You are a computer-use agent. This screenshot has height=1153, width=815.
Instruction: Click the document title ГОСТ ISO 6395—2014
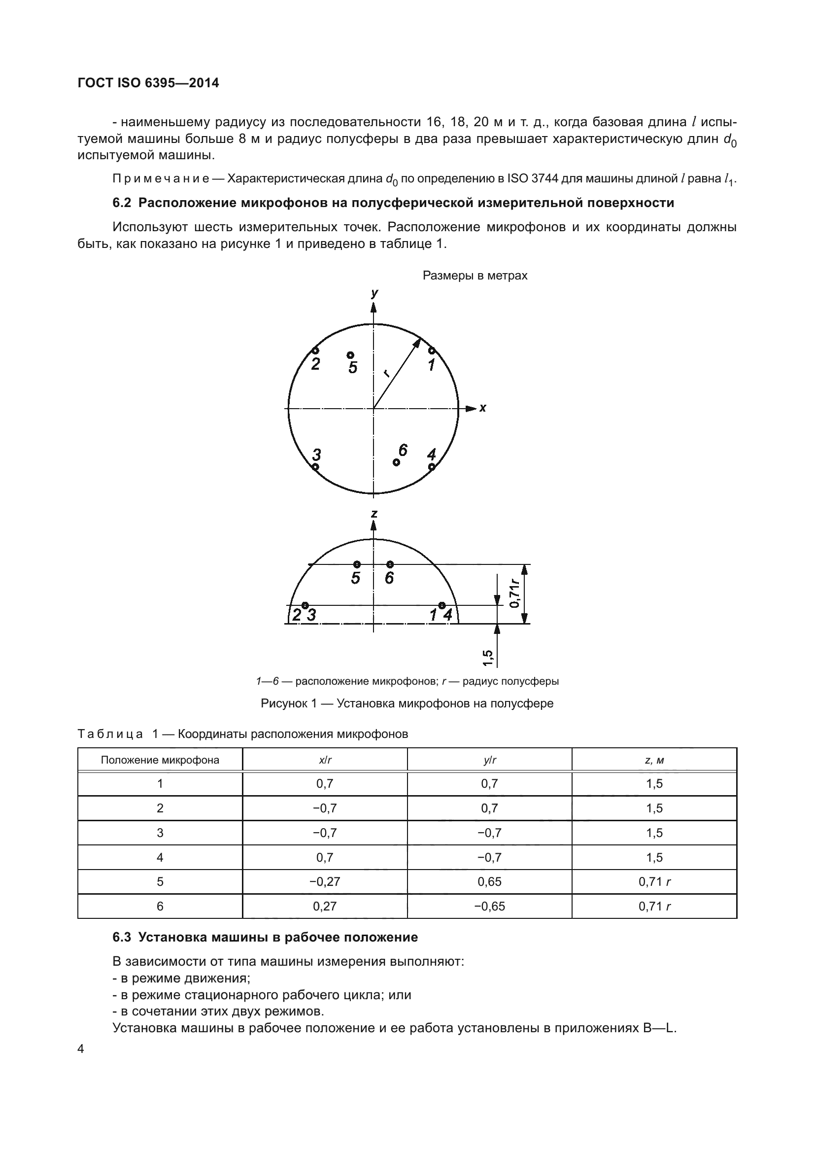[148, 83]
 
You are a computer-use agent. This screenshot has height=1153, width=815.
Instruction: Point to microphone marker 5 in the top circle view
[350, 355]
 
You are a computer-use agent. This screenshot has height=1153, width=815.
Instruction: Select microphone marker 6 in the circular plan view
[397, 462]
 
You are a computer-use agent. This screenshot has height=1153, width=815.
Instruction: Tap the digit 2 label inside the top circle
[315, 364]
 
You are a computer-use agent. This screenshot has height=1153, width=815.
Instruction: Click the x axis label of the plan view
[483, 408]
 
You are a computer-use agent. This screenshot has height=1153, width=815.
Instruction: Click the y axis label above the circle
[374, 294]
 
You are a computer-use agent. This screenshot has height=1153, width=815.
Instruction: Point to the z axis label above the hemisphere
[374, 514]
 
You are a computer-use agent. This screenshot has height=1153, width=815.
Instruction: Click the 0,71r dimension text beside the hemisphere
[514, 593]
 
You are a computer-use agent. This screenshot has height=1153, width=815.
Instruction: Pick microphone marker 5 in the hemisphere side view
[357, 564]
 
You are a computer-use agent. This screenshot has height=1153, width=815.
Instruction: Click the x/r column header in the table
[325, 760]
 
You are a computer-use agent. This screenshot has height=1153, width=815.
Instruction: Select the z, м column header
[654, 760]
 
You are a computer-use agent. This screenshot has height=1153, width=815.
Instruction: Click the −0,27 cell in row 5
[325, 882]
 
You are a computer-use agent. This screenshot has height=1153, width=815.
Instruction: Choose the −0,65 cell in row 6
[489, 906]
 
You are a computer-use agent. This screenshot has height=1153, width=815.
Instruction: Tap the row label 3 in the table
[160, 833]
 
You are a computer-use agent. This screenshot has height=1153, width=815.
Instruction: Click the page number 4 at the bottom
[81, 1049]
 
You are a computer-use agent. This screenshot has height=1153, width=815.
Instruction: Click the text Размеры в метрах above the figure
[475, 276]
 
